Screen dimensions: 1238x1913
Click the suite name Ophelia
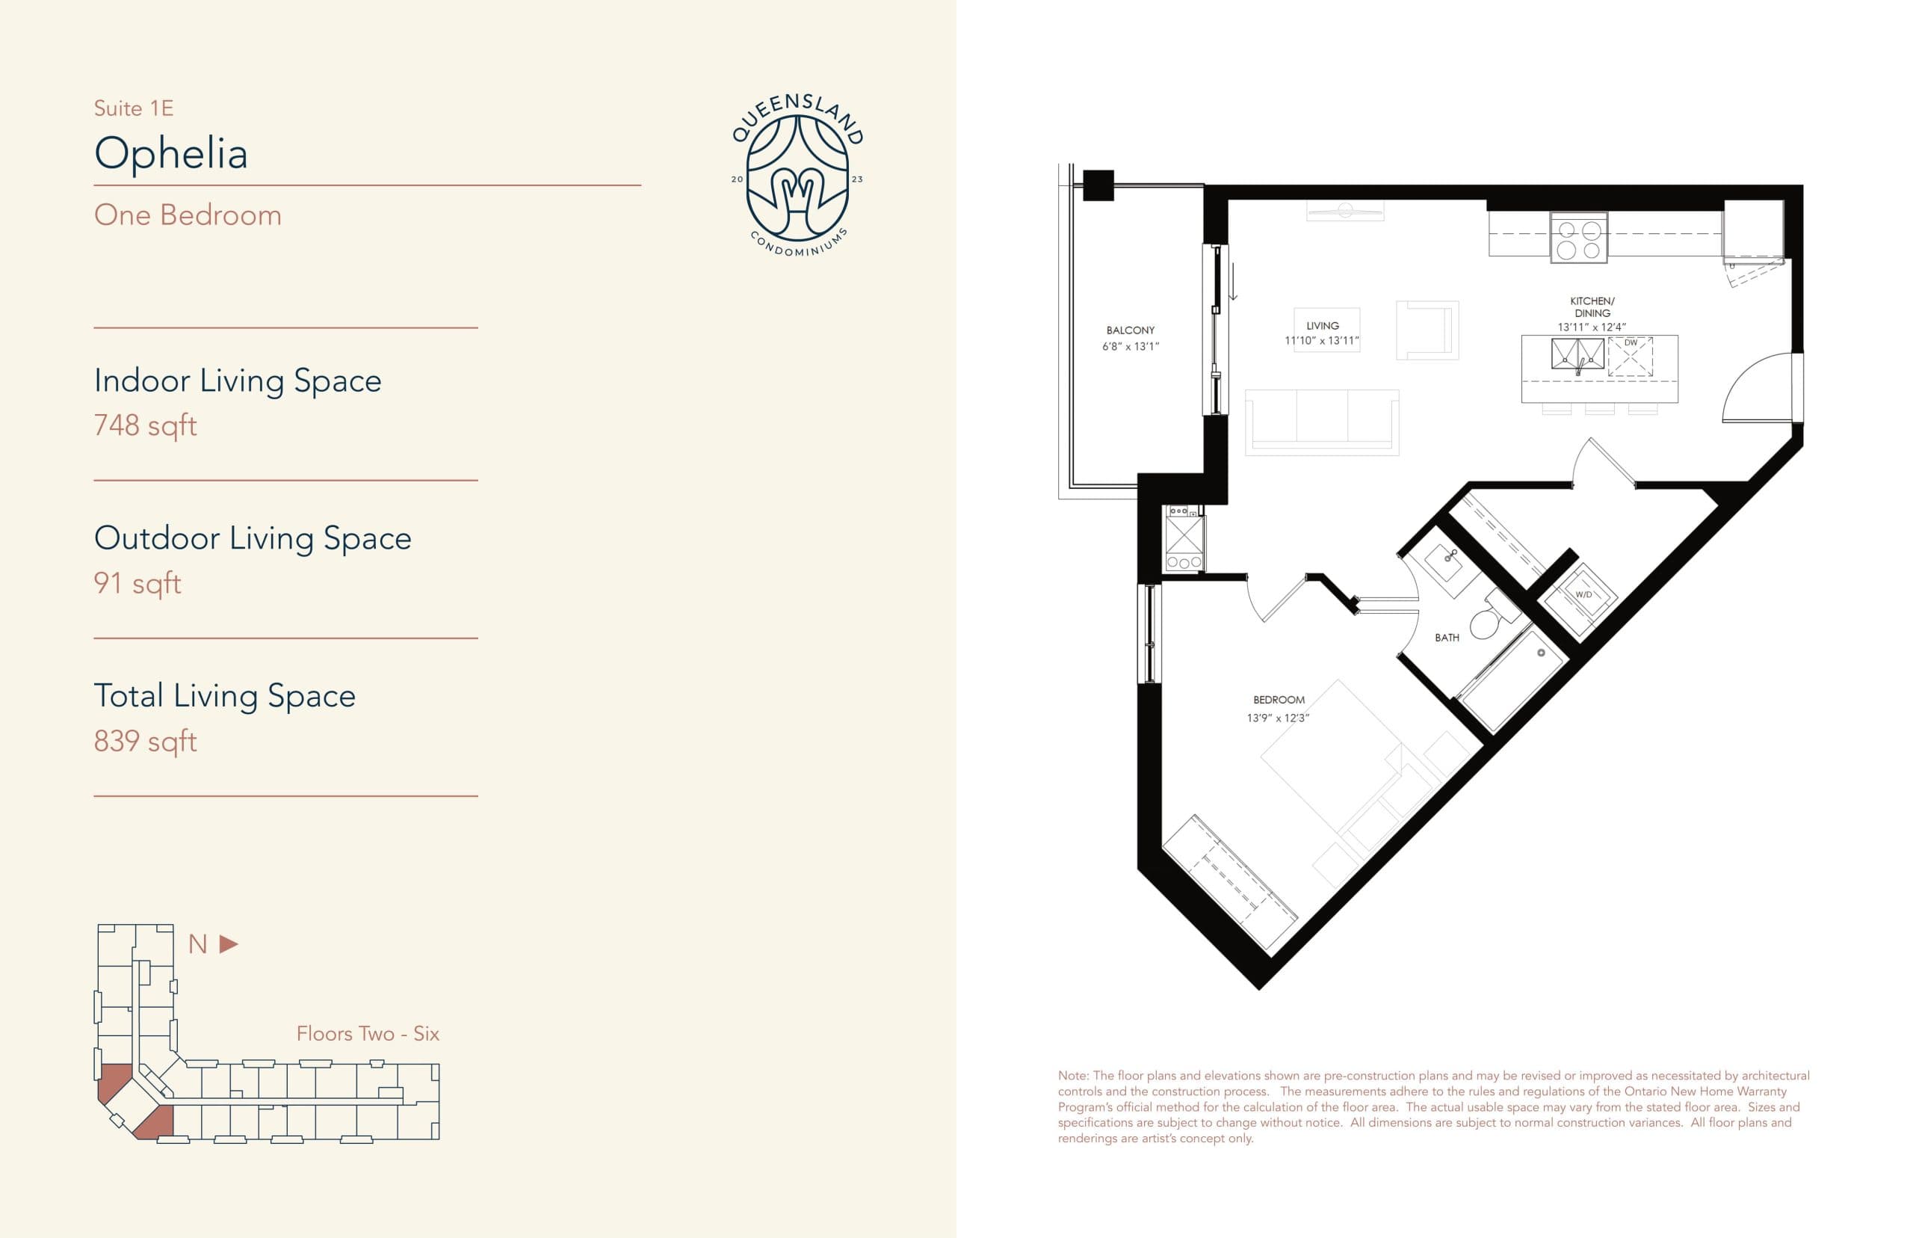[x=170, y=153]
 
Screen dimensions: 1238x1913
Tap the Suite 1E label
[x=133, y=108]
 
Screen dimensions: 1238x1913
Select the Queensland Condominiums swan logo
[x=797, y=177]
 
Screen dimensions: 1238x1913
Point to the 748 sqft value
[x=146, y=425]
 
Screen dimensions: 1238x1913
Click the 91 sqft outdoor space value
[x=137, y=583]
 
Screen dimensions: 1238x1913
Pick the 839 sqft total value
[x=146, y=740]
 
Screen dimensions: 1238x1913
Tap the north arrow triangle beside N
[x=229, y=943]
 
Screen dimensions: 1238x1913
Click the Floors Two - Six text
[x=367, y=1034]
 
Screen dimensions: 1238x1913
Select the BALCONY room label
[x=1130, y=330]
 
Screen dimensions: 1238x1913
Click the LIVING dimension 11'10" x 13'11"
[x=1322, y=341]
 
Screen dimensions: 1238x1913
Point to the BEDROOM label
[x=1279, y=700]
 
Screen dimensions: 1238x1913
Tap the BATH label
[x=1446, y=638]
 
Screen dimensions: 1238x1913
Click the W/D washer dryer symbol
[x=1582, y=596]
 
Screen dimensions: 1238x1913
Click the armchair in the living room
[x=1427, y=330]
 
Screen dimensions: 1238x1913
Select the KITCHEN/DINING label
[x=1592, y=307]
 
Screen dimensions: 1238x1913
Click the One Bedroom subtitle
[x=188, y=215]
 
